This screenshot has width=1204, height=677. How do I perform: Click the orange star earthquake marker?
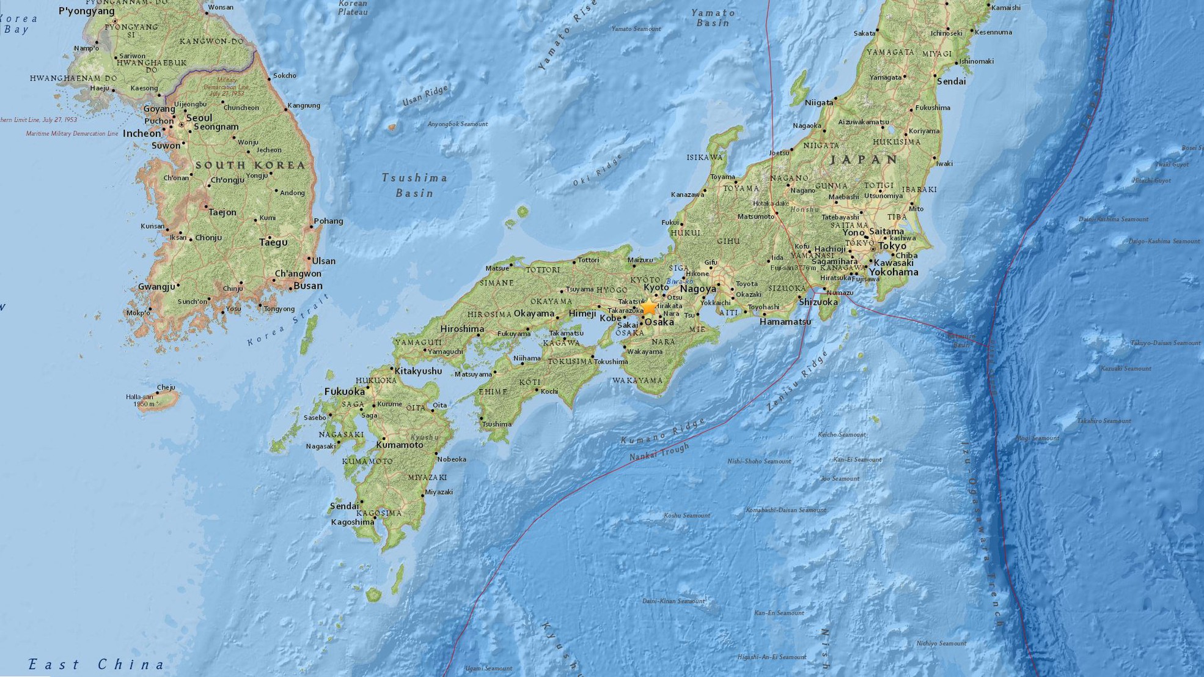pyautogui.click(x=648, y=308)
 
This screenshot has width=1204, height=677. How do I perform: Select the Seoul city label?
pyautogui.click(x=199, y=118)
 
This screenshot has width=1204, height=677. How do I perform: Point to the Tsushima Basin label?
pyautogui.click(x=414, y=185)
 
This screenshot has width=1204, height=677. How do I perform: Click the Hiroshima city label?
pyautogui.click(x=462, y=329)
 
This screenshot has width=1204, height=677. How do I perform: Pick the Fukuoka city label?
pyautogui.click(x=344, y=391)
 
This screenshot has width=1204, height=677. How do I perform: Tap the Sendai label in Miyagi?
pyautogui.click(x=951, y=81)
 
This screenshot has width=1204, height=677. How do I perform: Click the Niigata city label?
pyautogui.click(x=819, y=103)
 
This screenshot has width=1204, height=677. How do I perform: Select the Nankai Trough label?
pyautogui.click(x=659, y=452)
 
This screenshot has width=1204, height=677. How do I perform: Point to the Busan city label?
pyautogui.click(x=308, y=286)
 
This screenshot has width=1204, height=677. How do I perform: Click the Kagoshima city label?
pyautogui.click(x=352, y=522)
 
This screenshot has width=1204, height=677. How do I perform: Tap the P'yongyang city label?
pyautogui.click(x=86, y=11)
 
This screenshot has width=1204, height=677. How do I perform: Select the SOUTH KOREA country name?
pyautogui.click(x=250, y=165)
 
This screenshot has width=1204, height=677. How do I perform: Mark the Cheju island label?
pyautogui.click(x=166, y=387)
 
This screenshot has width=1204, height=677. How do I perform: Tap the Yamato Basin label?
pyautogui.click(x=713, y=18)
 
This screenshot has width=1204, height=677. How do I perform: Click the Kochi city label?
pyautogui.click(x=549, y=391)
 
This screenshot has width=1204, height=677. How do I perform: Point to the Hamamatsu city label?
pyautogui.click(x=785, y=322)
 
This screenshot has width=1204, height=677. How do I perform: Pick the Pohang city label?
pyautogui.click(x=328, y=221)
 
